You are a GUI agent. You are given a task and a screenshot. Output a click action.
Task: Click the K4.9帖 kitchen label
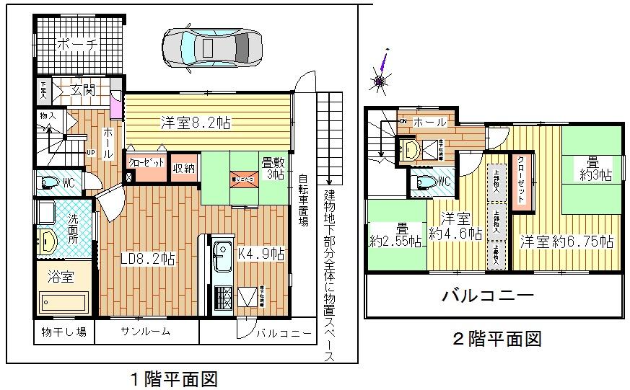[261, 254]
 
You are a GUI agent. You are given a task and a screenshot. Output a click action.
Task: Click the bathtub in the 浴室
[64, 301]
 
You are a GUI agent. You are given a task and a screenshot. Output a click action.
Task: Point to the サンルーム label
[145, 332]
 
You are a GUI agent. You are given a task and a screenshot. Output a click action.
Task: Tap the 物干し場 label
[61, 332]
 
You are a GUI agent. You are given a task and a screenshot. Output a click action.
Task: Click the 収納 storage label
[183, 169]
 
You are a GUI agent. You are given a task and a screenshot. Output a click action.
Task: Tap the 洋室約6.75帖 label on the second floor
[566, 241]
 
